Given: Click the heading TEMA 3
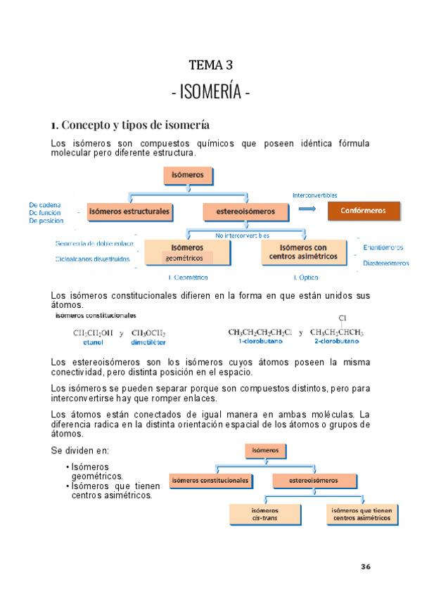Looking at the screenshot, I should pyautogui.click(x=210, y=65).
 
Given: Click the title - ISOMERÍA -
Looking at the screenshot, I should pyautogui.click(x=210, y=93).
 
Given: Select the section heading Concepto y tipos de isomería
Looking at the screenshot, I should pyautogui.click(x=129, y=125).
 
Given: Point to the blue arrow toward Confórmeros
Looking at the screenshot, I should pyautogui.click(x=307, y=210).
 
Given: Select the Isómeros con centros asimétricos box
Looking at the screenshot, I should pyautogui.click(x=304, y=252).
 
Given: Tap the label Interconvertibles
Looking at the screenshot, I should pyautogui.click(x=314, y=195).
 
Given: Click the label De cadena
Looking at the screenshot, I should pyautogui.click(x=44, y=205).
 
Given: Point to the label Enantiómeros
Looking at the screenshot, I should pyautogui.click(x=383, y=247).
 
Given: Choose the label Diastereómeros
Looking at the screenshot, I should pyautogui.click(x=385, y=264).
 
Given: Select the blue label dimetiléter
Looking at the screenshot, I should pyautogui.click(x=148, y=342).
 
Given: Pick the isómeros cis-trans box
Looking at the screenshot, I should pyautogui.click(x=264, y=514).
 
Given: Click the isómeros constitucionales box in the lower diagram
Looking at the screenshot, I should pyautogui.click(x=210, y=481).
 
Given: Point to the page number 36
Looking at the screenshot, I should pyautogui.click(x=366, y=566).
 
